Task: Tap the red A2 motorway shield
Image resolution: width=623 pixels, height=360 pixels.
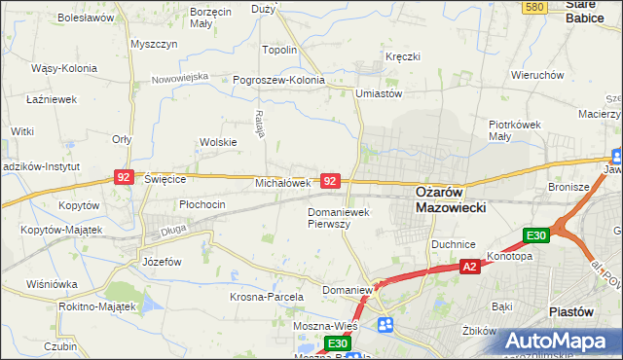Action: pyautogui.click(x=469, y=266)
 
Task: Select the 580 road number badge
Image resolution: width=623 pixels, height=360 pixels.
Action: pyautogui.click(x=532, y=7)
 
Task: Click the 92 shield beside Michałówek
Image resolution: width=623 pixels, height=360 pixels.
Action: pyautogui.click(x=331, y=182)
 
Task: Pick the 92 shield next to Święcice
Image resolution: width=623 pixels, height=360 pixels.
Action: pyautogui.click(x=124, y=177)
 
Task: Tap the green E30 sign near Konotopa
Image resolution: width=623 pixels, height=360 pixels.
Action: pyautogui.click(x=536, y=235)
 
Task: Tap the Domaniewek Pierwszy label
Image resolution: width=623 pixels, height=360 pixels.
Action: pyautogui.click(x=337, y=217)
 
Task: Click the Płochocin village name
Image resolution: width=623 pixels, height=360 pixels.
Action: pyautogui.click(x=202, y=204)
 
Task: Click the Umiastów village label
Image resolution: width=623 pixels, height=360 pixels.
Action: pyautogui.click(x=380, y=93)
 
